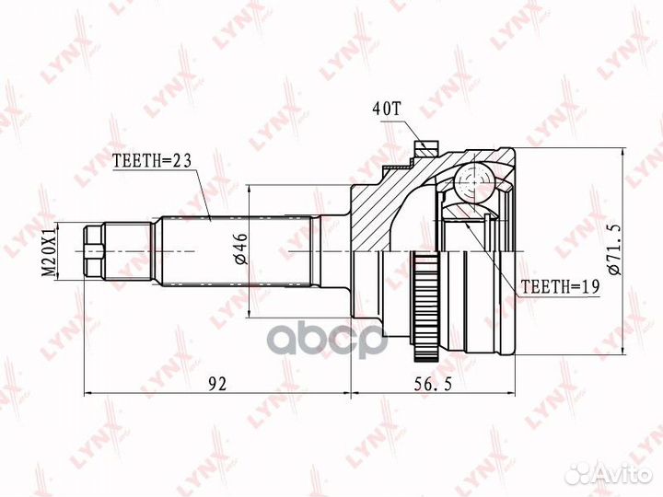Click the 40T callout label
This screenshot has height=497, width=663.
click(x=386, y=110)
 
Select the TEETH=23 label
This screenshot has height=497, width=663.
click(x=152, y=160)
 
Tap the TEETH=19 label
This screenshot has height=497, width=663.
click(x=560, y=287)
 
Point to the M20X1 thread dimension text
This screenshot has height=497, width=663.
click(x=51, y=251)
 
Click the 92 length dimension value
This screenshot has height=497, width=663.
click(x=216, y=384)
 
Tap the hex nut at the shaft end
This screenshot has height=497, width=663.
click(x=93, y=251)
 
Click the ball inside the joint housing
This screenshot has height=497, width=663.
click(x=474, y=182)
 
